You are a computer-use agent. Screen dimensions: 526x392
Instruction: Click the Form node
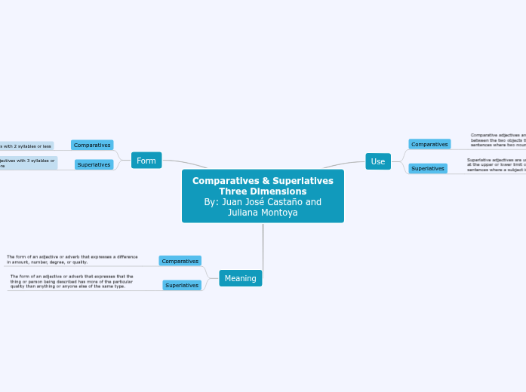(146, 161)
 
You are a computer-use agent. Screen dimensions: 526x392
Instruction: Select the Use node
(378, 161)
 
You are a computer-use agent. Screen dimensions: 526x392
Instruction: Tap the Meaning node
(240, 278)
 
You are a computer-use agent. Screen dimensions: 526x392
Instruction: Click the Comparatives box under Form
(92, 145)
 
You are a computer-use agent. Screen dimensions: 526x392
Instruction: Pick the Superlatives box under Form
(94, 164)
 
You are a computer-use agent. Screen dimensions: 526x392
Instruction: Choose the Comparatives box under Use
(429, 144)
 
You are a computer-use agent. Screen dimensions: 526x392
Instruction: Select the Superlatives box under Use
(427, 168)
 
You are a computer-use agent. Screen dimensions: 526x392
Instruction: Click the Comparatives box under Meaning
(180, 261)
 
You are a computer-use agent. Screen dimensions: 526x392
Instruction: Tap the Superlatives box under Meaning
(182, 285)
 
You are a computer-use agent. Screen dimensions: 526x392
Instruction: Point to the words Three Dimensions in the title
(263, 191)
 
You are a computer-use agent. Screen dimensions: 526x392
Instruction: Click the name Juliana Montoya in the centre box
(263, 213)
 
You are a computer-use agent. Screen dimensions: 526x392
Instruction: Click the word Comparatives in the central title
(224, 181)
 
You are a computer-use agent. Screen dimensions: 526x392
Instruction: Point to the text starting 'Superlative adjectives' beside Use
(496, 165)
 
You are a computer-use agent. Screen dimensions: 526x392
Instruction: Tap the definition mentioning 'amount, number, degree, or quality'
(72, 259)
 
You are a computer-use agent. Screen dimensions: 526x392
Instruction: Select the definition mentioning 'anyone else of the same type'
(72, 281)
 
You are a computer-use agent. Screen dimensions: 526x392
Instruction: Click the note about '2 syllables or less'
(26, 145)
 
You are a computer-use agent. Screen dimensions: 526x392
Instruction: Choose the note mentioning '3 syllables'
(27, 163)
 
